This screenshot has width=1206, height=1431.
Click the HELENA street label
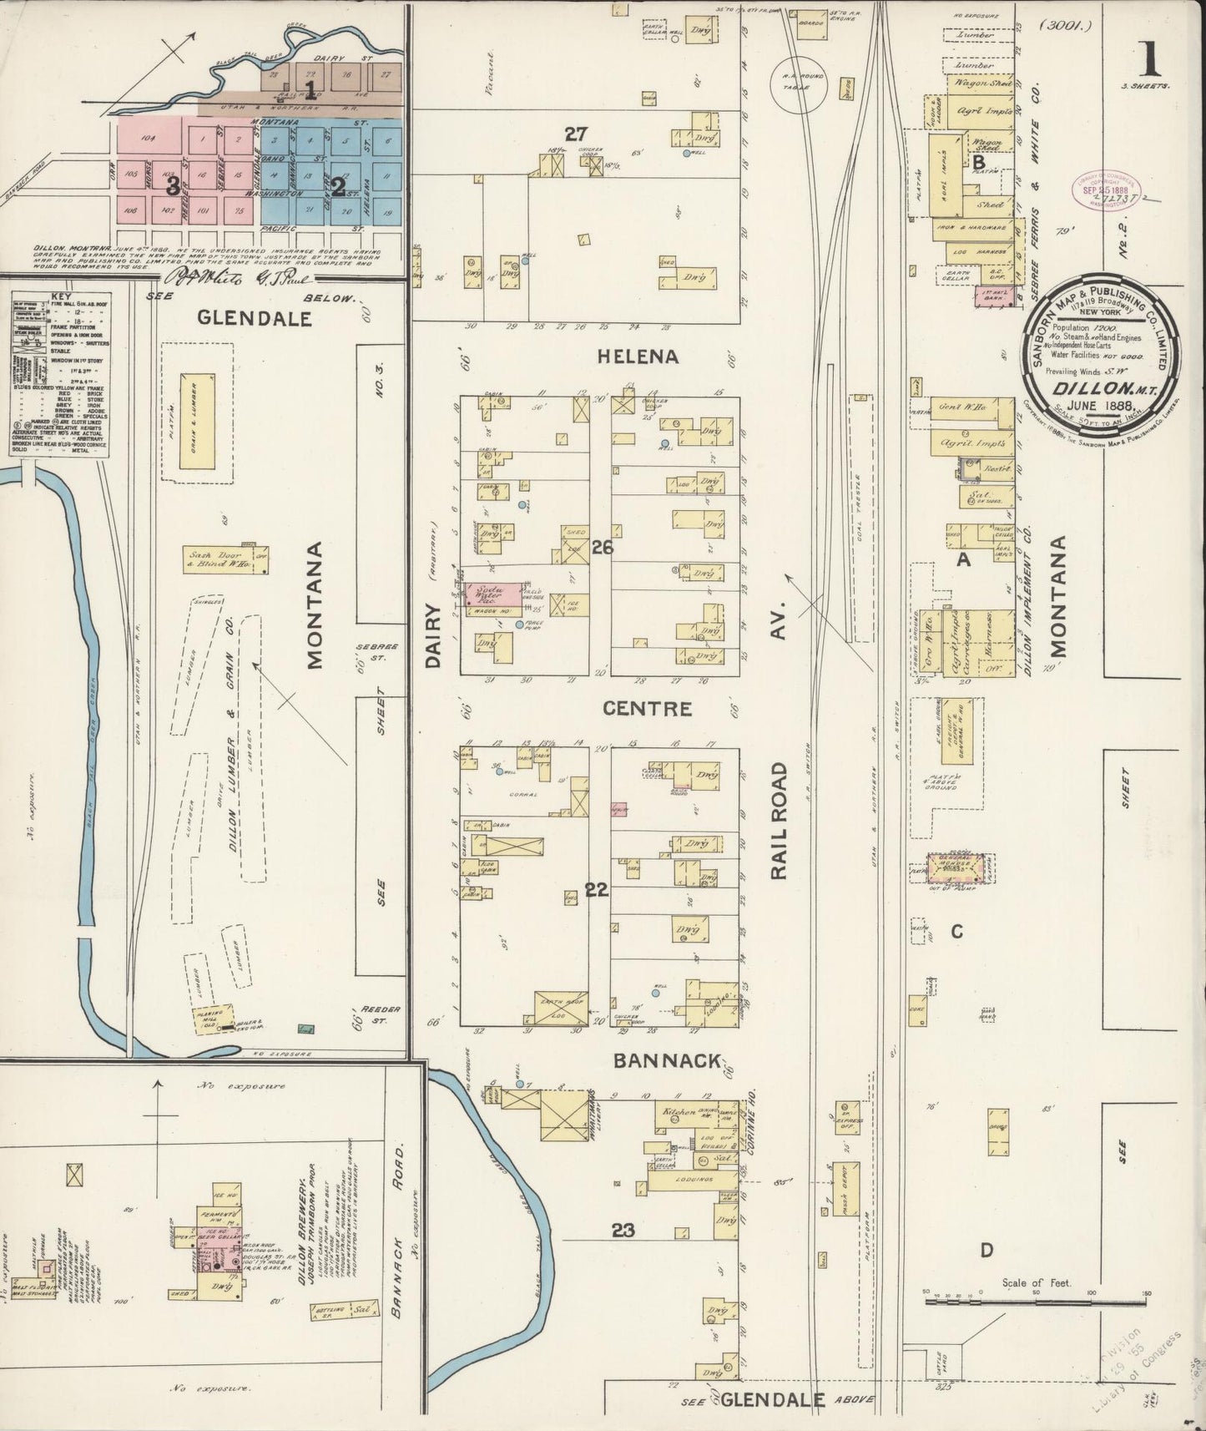click(x=638, y=356)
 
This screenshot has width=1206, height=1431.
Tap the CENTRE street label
click(x=648, y=709)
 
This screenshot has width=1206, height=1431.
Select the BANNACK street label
click(x=667, y=1060)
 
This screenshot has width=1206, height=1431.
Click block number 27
click(x=576, y=134)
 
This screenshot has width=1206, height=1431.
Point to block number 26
click(x=603, y=548)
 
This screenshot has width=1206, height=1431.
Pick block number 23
click(x=623, y=1230)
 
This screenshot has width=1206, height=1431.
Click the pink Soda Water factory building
click(x=492, y=594)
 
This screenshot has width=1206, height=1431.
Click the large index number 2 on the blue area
click(x=338, y=186)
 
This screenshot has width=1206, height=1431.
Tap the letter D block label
click(x=986, y=1250)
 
